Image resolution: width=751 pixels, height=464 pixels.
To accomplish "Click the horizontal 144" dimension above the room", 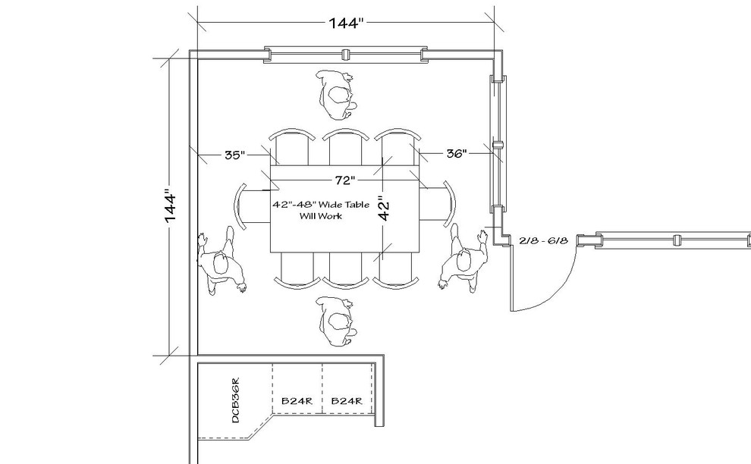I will tap(347, 22).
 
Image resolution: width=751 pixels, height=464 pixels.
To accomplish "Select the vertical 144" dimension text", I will tap(171, 206).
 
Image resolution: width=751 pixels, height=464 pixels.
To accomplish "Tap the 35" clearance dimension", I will tap(234, 155).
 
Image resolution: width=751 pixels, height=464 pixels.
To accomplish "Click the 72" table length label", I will tap(343, 181).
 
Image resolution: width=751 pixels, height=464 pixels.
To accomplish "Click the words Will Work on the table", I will tap(321, 216).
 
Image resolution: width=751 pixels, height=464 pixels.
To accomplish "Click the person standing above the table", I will tap(337, 94).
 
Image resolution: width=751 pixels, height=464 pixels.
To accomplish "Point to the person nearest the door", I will tap(464, 260).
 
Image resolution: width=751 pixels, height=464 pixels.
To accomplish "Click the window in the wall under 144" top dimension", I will tap(345, 55).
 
